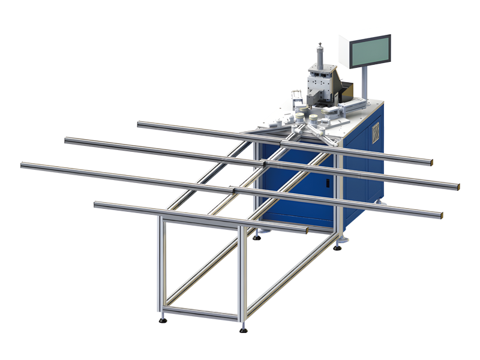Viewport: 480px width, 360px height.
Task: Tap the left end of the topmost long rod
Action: point(140,125)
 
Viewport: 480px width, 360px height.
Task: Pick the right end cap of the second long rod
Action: point(459,187)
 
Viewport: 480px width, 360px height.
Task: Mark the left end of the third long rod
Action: point(23,165)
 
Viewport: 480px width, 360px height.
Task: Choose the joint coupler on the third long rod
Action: point(235,190)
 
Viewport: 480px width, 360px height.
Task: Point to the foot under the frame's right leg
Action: point(340,246)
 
